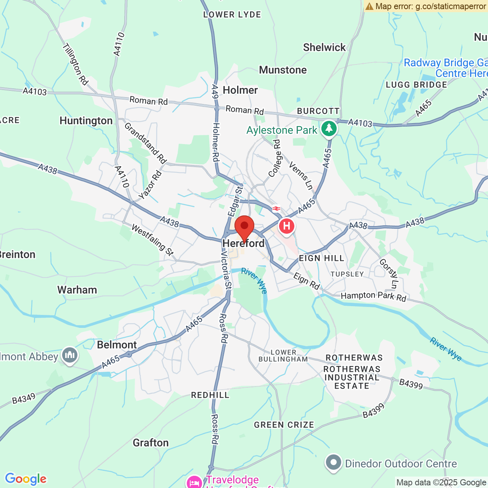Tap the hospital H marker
(287, 226)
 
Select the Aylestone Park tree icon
(329, 128)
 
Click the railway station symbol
(276, 209)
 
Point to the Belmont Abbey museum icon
(69, 355)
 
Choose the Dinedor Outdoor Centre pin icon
(334, 463)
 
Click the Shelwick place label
(324, 47)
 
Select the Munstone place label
(283, 70)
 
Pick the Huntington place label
(86, 121)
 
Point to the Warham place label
(77, 290)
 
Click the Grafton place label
(151, 443)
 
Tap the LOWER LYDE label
(232, 15)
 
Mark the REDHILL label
(210, 395)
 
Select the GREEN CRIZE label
(284, 425)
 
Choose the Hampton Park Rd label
(373, 296)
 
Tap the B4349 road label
(24, 399)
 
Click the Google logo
(26, 479)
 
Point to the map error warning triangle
(369, 6)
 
